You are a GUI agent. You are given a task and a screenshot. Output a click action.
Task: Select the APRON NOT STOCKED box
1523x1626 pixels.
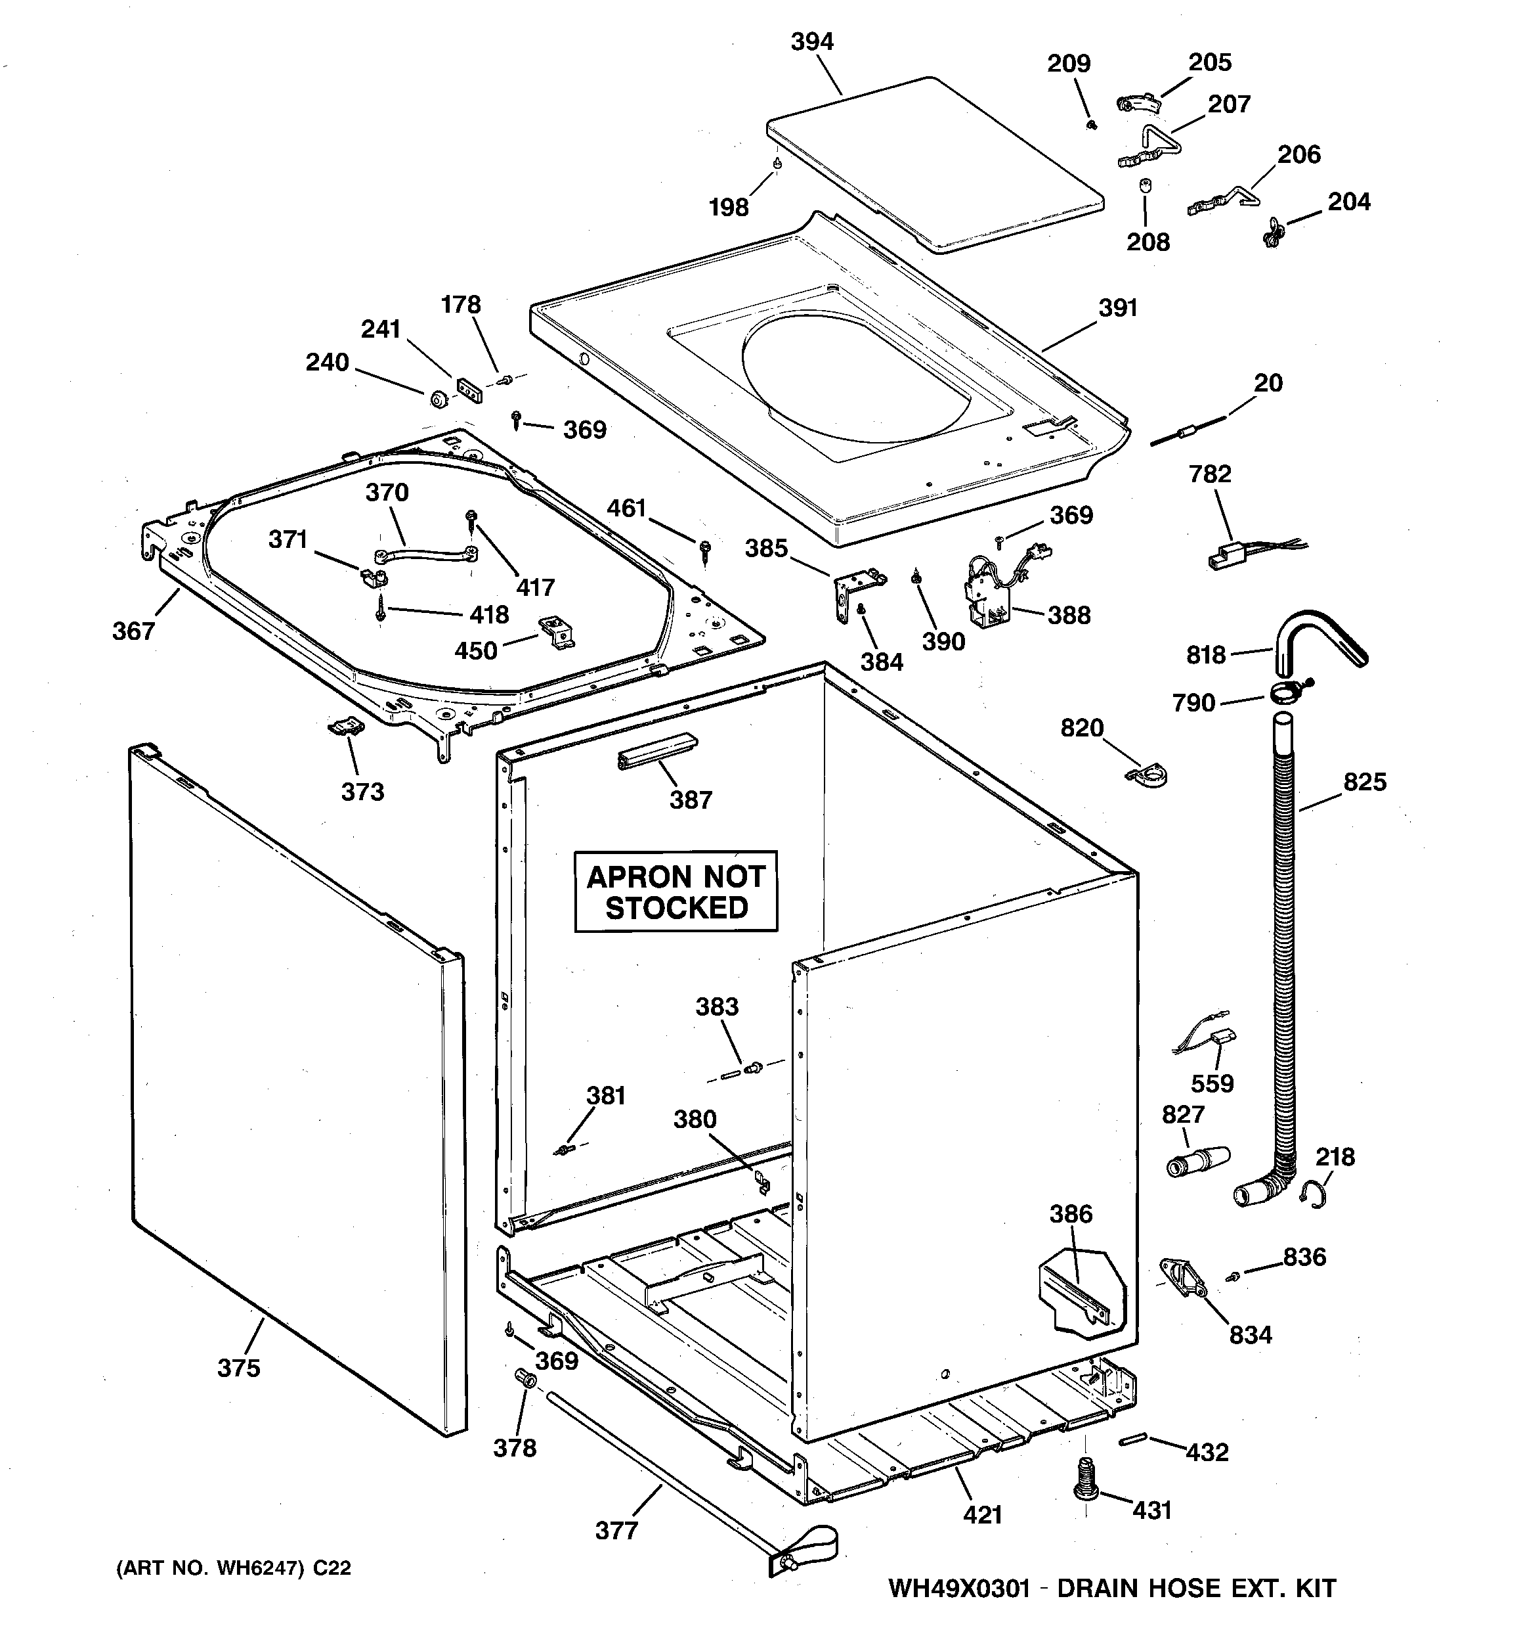pos(676,892)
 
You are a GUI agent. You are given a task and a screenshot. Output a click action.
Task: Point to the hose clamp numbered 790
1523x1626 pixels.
pos(1287,694)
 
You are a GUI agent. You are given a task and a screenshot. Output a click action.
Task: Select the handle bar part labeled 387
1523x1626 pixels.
pos(656,750)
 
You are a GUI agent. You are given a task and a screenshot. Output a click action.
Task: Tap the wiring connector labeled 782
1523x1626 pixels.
pos(1226,556)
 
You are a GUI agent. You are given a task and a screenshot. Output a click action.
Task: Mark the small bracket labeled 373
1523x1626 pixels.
pos(346,725)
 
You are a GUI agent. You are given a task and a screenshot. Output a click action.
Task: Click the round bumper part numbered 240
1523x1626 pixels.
pos(437,400)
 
